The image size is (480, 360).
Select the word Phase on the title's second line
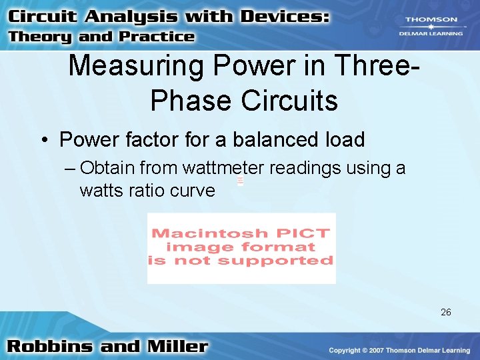(193, 101)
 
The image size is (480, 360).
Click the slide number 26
(446, 311)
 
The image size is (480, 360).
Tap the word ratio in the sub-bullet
(145, 191)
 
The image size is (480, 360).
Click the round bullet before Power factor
(43, 141)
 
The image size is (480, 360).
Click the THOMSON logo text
(431, 20)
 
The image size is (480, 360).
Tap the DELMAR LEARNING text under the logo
(431, 33)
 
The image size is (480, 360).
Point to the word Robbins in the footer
(51, 347)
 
